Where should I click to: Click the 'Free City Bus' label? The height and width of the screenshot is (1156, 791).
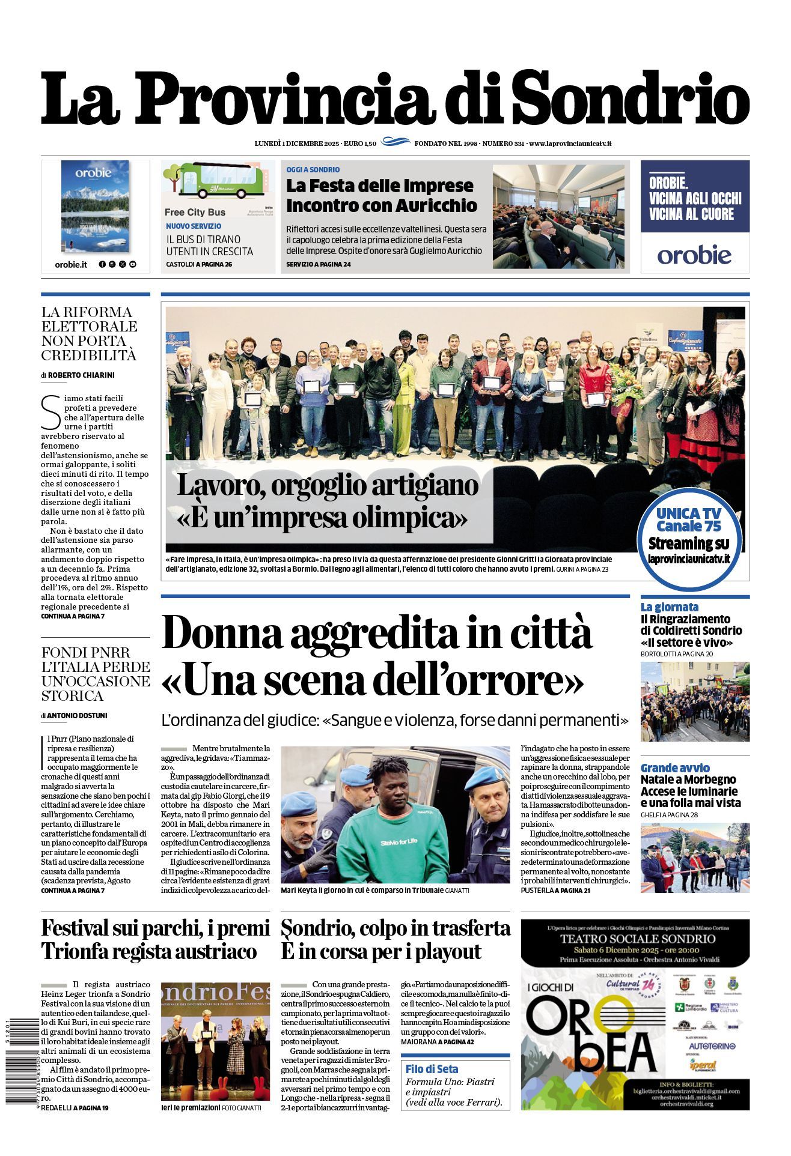point(195,212)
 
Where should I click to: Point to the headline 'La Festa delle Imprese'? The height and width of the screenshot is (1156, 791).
point(380,186)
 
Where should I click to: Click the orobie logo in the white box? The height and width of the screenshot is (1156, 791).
point(694,255)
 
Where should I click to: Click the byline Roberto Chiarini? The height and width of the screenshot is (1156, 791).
point(81,375)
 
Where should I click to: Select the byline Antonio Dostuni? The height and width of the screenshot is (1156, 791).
point(77,715)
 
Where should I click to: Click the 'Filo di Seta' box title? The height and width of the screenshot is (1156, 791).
point(432,1069)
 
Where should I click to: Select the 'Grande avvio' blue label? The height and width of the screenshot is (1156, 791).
point(675,767)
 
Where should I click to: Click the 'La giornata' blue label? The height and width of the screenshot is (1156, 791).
point(669,607)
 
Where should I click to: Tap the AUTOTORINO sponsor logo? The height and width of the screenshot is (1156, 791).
point(712,1046)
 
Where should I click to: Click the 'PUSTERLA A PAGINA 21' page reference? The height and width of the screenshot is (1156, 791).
point(555,891)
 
